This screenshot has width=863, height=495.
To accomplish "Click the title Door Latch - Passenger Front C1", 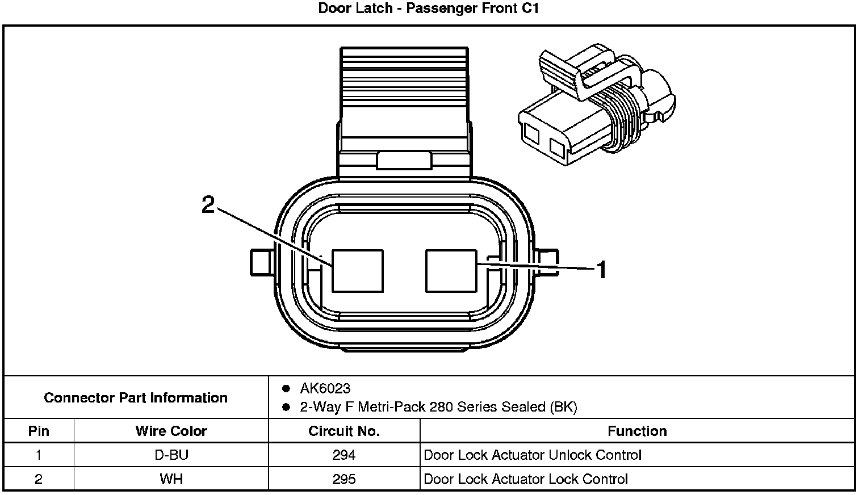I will pyautogui.click(x=428, y=9).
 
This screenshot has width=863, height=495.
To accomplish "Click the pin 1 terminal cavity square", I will pyautogui.click(x=451, y=271).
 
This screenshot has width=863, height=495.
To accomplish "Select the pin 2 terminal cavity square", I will pyautogui.click(x=357, y=271).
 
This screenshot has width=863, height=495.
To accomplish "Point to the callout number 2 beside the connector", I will pyautogui.click(x=208, y=204).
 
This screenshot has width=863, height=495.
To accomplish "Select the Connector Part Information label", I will pyautogui.click(x=136, y=397).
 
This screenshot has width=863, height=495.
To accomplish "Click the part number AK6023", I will pyautogui.click(x=325, y=389).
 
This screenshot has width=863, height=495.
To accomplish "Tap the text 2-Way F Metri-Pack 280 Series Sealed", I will pyautogui.click(x=438, y=407).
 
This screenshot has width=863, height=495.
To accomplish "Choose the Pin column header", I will pyautogui.click(x=39, y=431).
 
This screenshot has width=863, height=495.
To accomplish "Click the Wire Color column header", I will pyautogui.click(x=171, y=431).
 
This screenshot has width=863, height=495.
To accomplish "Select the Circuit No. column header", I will pyautogui.click(x=343, y=431).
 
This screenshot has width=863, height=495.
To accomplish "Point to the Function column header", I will pyautogui.click(x=637, y=431).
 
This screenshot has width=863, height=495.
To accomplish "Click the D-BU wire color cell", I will pyautogui.click(x=171, y=455).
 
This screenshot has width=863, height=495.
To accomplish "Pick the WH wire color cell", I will pyautogui.click(x=171, y=480).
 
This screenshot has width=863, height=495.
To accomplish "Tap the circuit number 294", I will pyautogui.click(x=343, y=455).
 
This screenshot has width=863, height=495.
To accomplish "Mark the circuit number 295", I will pyautogui.click(x=343, y=480).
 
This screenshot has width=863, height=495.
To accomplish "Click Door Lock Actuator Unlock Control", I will pyautogui.click(x=533, y=455).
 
